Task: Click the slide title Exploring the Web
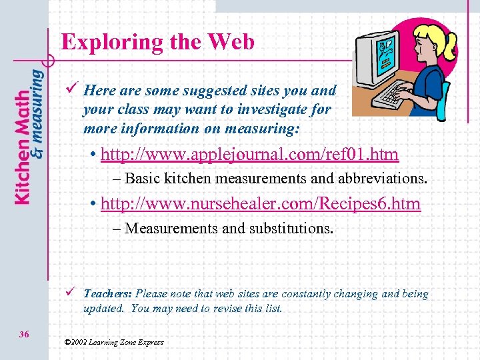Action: (158, 43)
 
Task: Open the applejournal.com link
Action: (249, 155)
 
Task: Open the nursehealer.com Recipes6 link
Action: (261, 203)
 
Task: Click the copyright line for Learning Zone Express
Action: (113, 342)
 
